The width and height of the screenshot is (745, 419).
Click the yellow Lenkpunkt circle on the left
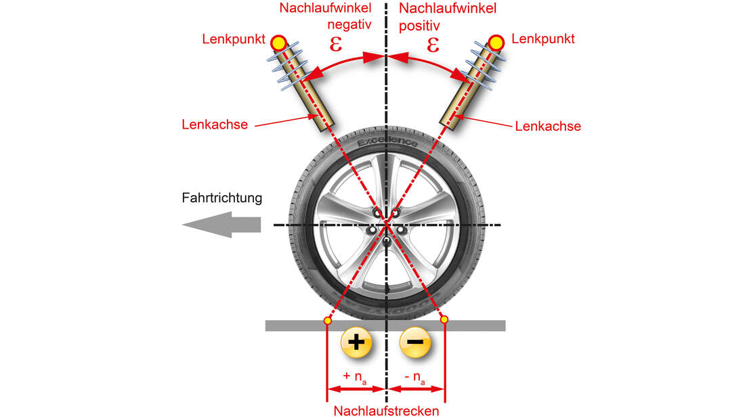tap(278, 43)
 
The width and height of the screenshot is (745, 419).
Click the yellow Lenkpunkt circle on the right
tap(496, 43)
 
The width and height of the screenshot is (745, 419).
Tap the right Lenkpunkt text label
tap(543, 39)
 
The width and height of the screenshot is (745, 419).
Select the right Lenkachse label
tap(548, 126)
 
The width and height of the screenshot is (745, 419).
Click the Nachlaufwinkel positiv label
tap(448, 18)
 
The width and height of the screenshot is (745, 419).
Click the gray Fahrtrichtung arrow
tap(221, 224)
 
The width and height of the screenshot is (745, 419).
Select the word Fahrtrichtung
tap(221, 198)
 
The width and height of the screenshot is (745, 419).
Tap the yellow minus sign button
tap(416, 343)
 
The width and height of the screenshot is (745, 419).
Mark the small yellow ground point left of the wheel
tap(328, 320)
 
